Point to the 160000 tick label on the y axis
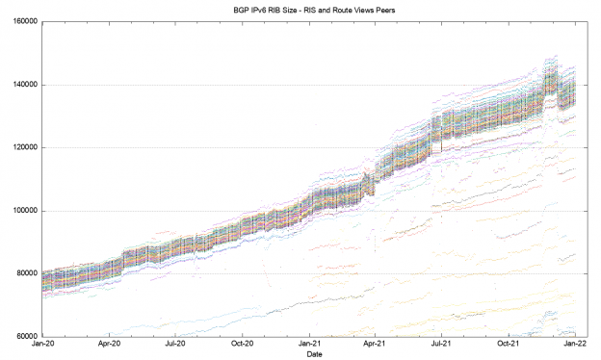point(20,21)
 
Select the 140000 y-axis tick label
point(20,85)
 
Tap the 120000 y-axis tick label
point(20,147)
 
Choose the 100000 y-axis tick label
point(20,211)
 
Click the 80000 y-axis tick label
point(22,273)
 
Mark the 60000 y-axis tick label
point(22,337)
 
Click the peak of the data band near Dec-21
point(551,60)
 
